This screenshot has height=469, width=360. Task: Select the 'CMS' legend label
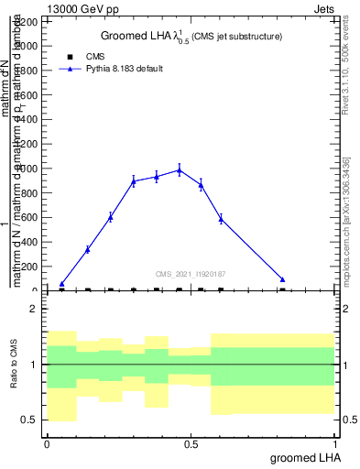[x=94, y=57]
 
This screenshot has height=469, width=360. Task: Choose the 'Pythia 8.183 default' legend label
[x=125, y=69]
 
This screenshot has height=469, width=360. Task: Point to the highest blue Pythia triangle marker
[x=180, y=169]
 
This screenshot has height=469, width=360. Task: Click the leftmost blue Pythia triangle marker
[x=61, y=284]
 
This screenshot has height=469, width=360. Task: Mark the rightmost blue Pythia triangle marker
[x=283, y=279]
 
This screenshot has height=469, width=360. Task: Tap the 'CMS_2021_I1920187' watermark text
[x=191, y=274]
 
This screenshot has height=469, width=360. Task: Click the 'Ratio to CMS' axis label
[x=14, y=364]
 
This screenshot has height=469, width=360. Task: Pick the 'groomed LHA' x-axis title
[x=304, y=456]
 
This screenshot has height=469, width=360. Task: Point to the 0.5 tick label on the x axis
[x=191, y=444]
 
